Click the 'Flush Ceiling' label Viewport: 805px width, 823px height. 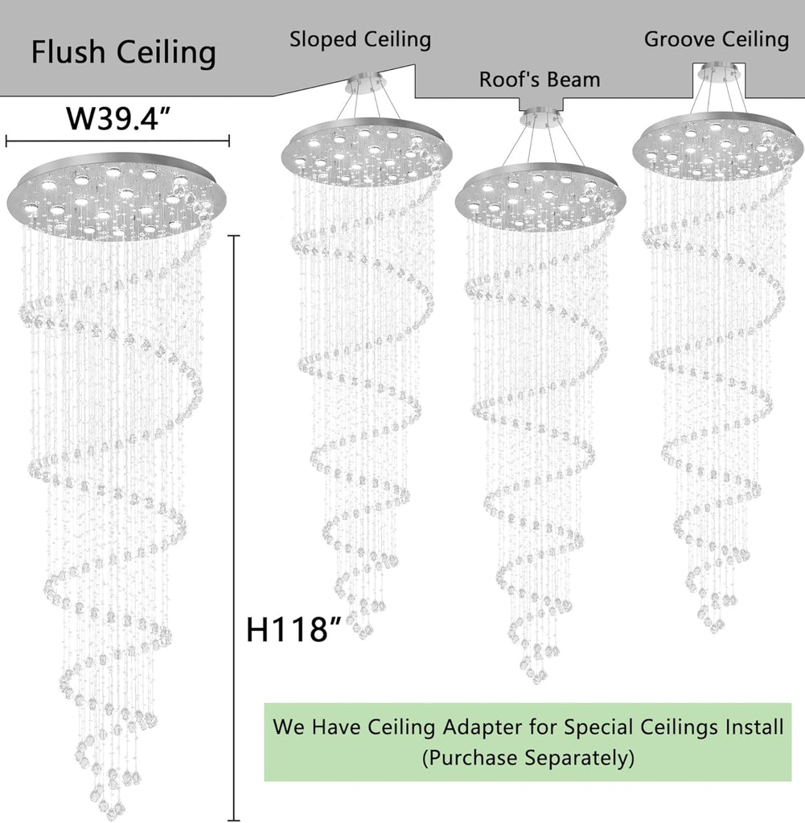[123, 52]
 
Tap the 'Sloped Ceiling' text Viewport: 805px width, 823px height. [360, 40]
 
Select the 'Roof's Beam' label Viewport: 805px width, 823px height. [540, 80]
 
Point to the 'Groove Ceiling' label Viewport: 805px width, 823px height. [717, 39]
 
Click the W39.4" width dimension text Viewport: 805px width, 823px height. [118, 119]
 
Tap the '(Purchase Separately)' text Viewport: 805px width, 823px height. [528, 758]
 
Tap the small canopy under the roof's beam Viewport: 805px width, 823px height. [541, 117]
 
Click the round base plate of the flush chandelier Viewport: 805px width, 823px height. [117, 196]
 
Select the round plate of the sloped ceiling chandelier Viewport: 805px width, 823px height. [366, 151]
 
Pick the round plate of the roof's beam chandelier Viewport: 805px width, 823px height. [540, 198]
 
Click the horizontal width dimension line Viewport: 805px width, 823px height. [117, 140]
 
